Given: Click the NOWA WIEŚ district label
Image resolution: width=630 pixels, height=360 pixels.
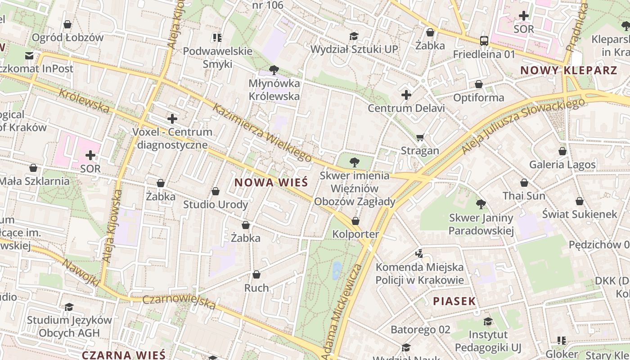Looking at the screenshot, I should click(271, 182).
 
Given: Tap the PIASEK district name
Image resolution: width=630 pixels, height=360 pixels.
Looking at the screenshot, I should click(454, 301).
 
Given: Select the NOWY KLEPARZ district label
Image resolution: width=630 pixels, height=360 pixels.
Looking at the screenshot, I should click(568, 70).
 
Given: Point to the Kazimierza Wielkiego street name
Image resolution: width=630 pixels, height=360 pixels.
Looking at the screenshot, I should click(262, 132).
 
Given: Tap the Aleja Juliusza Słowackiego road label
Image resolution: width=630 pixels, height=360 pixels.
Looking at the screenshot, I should click(523, 126).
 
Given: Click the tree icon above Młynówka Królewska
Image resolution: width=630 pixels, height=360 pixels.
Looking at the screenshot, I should click(273, 70).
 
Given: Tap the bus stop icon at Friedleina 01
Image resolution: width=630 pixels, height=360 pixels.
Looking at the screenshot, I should click(484, 41).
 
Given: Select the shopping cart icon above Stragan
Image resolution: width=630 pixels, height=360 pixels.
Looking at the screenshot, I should click(420, 137).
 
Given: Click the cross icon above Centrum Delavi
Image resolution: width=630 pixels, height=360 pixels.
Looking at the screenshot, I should click(406, 95).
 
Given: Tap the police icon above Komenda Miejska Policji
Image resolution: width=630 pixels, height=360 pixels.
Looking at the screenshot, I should click(419, 254).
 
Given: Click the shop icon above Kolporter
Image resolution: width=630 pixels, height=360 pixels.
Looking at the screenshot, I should click(355, 221).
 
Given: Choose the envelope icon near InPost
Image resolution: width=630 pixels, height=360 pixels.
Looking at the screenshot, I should click(29, 56).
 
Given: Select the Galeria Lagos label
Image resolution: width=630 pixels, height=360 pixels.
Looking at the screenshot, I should click(562, 164).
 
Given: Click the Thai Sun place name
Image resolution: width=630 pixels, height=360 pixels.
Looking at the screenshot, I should click(523, 196).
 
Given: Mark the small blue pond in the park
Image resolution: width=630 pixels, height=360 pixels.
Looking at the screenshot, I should click(337, 270).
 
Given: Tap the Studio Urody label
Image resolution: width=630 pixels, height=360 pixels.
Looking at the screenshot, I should click(215, 205).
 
